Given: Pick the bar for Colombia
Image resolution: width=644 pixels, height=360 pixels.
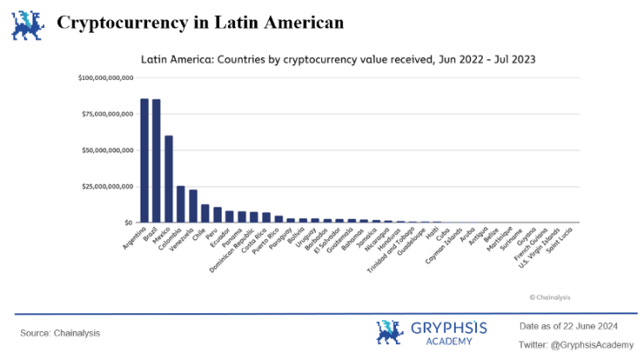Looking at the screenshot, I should pos(181,204).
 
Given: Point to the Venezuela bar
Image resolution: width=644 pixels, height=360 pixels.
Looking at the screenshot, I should pos(194,206).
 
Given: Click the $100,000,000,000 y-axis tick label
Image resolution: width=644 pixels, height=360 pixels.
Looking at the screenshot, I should pos(106,78).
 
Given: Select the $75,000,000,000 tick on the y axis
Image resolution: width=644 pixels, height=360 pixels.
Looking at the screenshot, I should pos(107,114).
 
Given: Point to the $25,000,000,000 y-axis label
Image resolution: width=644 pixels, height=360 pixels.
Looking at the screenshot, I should pos(107,187).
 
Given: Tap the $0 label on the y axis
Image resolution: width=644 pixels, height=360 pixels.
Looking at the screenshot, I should pos(128,223).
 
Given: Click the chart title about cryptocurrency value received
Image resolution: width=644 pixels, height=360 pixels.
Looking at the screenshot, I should pos(339,59).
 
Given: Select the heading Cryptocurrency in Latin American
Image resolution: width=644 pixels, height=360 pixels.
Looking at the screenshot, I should pos(200,22).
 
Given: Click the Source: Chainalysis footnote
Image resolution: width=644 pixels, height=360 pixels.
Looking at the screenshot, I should pos(61,333).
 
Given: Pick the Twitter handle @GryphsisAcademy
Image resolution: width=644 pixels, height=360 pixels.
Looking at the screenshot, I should pos(576,344).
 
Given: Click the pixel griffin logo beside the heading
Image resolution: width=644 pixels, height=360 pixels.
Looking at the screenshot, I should pos(27,24).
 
